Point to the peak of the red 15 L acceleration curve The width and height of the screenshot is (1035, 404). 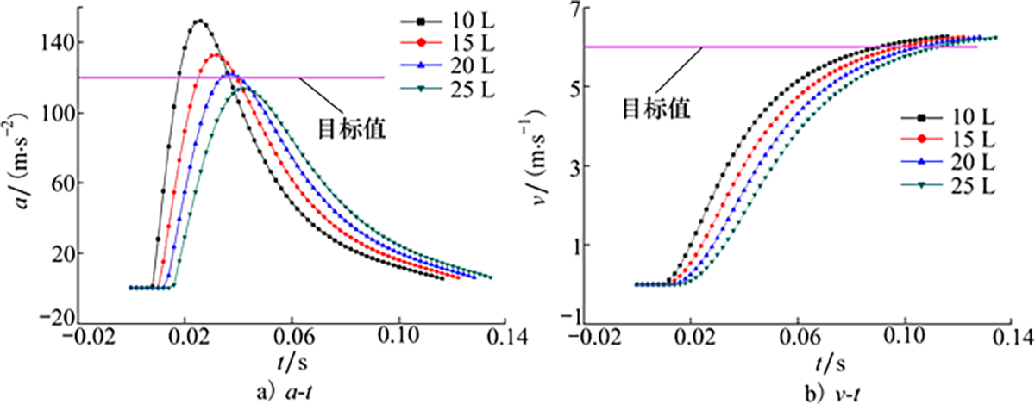[x=216, y=56]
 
